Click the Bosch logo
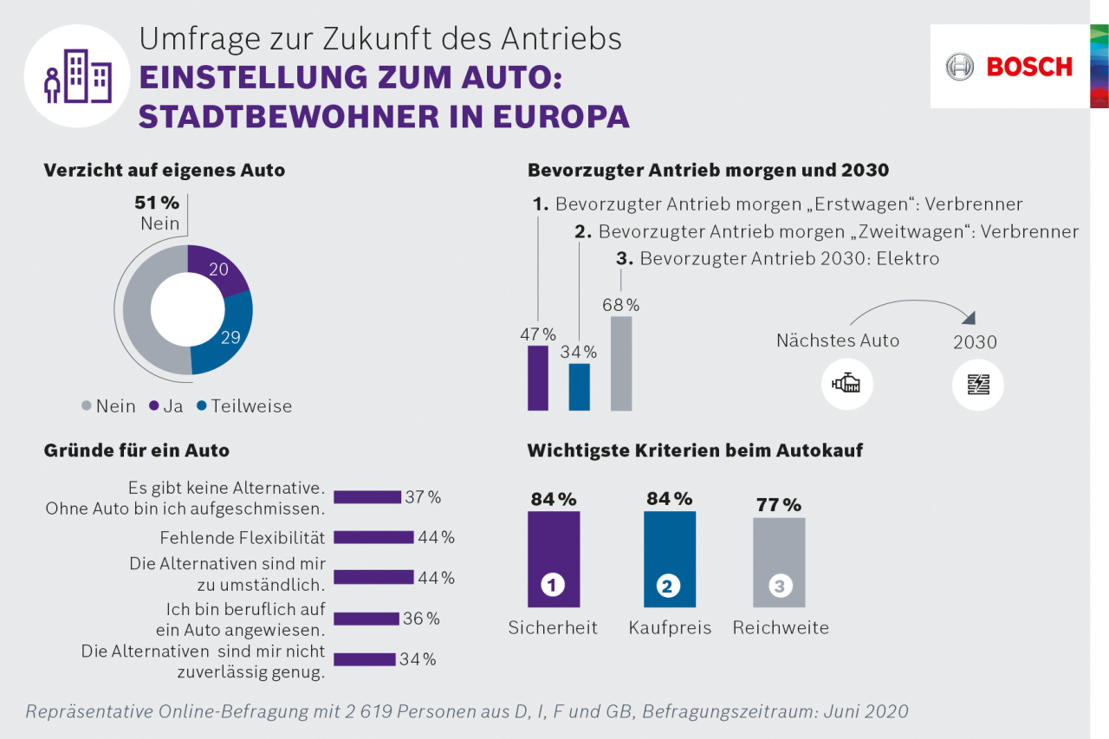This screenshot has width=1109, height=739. click(1009, 67)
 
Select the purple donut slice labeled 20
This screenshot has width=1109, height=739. click(217, 269)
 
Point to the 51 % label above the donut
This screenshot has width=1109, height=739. click(157, 203)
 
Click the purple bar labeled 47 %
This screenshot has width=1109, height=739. click(538, 378)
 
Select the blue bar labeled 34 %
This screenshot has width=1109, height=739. click(579, 386)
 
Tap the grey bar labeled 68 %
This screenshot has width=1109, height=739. click(621, 363)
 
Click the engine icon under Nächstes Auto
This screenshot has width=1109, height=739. click(846, 384)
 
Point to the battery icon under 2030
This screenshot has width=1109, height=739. click(977, 384)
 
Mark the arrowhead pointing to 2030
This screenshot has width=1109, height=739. click(970, 318)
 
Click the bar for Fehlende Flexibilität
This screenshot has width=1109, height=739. click(373, 537)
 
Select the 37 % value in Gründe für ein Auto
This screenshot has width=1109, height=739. click(423, 497)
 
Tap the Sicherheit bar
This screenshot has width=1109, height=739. click(553, 559)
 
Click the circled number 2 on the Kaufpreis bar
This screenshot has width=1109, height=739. click(667, 587)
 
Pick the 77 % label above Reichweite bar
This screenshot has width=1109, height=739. click(778, 504)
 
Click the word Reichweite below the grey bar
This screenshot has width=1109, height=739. click(781, 628)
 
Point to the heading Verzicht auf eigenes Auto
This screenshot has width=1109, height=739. click(165, 171)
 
